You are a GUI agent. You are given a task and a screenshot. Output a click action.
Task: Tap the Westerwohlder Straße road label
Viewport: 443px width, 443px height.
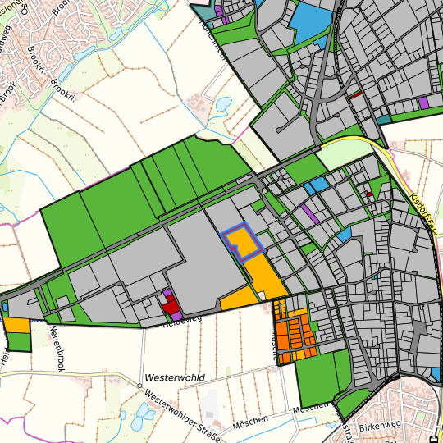(x=181, y=413)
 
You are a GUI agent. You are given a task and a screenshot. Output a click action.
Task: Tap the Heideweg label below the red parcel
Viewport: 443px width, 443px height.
(x=182, y=319)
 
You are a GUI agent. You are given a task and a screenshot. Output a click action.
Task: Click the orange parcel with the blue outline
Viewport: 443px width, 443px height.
(x=242, y=243)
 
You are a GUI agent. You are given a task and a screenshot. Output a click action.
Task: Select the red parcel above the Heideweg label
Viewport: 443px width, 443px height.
(x=171, y=306)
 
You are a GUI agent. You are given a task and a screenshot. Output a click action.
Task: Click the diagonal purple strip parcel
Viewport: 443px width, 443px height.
(x=309, y=213)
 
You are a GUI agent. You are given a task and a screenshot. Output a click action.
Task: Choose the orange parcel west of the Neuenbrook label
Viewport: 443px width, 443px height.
(x=16, y=324)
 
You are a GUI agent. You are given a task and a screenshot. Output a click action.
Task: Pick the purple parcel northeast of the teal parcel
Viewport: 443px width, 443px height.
(x=423, y=103)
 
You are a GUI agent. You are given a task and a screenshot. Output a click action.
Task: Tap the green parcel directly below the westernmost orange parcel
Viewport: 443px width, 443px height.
(x=18, y=340)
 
